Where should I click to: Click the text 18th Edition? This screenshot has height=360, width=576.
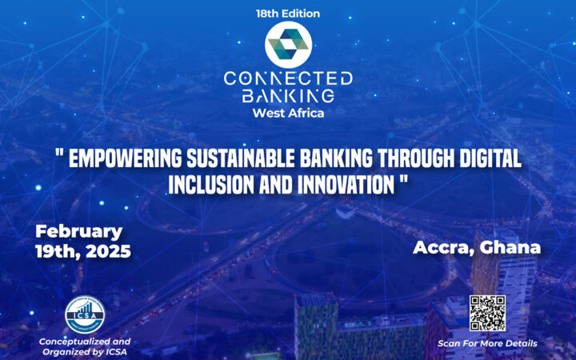[287, 14]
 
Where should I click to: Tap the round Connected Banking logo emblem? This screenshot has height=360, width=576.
[287, 45]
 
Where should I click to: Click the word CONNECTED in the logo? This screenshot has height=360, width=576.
[287, 78]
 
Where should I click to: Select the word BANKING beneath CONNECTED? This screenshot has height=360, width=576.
[287, 97]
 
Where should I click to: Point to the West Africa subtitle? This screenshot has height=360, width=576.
[287, 113]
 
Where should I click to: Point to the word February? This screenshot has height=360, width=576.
[78, 232]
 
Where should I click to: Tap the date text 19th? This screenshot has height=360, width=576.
[56, 251]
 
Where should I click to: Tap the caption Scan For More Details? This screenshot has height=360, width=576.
[487, 344]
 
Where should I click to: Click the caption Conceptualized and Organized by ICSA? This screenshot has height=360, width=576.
[84, 346]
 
